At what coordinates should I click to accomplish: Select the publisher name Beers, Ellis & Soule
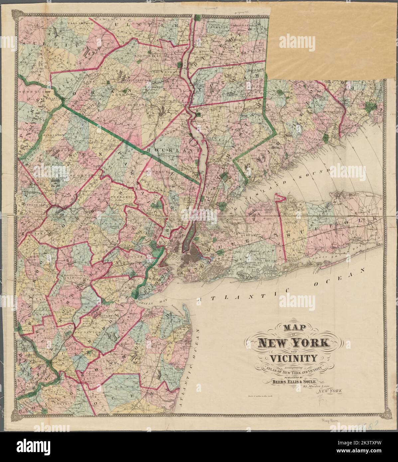(292, 382)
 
